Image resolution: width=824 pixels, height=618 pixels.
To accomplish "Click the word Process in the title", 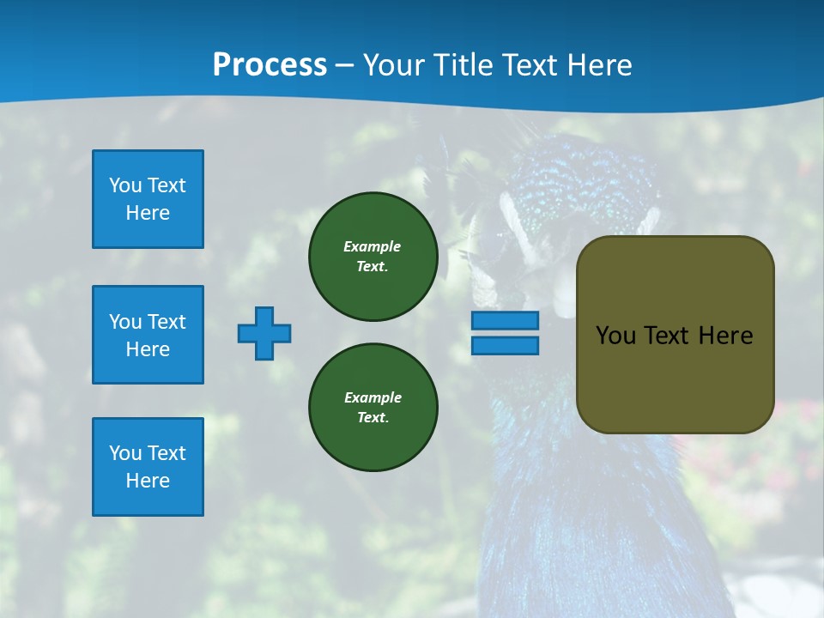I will [x=270, y=65].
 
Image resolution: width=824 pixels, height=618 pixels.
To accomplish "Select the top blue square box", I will [x=148, y=199].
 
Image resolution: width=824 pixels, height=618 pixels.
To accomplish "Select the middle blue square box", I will [x=148, y=335].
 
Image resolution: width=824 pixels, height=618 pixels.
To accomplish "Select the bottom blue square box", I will [x=148, y=467].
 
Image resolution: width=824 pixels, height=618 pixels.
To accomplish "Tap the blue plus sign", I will [x=264, y=333].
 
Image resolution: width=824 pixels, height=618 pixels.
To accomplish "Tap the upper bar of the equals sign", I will [x=505, y=320].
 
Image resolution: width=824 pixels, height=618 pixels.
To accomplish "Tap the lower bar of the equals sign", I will [x=505, y=345].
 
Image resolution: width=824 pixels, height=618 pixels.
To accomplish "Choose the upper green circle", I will [x=373, y=256].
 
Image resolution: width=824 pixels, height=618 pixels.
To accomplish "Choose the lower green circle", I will [x=373, y=407].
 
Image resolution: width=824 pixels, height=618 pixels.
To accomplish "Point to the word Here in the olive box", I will [x=725, y=336].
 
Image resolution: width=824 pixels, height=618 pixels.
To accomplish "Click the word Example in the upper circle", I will [x=372, y=246].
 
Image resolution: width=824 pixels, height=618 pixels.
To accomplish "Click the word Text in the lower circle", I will [x=372, y=417].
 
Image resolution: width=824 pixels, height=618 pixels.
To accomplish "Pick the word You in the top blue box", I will [x=125, y=185].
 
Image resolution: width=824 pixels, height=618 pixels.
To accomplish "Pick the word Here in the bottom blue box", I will [x=148, y=481].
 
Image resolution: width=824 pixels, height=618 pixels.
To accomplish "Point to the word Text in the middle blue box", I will [x=167, y=322].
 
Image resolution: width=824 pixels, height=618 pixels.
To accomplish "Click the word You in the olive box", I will [x=616, y=336].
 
